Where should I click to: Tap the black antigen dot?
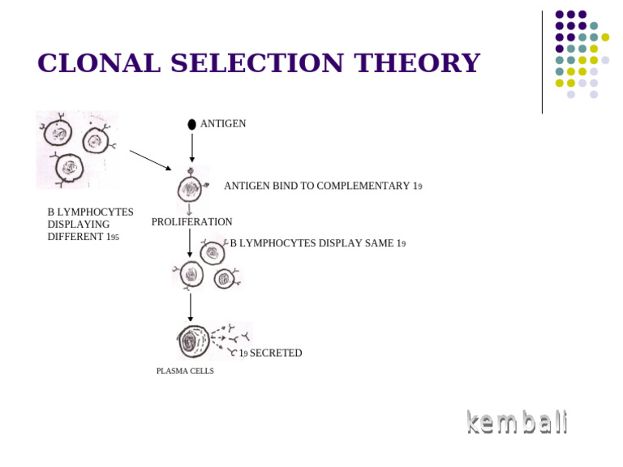point(191,124)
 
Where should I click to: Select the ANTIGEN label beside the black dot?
point(223,124)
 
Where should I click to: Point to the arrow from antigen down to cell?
point(191,148)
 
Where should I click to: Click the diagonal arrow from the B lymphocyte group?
point(150,160)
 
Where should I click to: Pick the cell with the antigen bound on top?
point(191,189)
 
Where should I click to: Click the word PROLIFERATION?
point(191,222)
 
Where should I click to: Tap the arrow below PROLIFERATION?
point(190,242)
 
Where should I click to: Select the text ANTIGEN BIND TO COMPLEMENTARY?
point(316,186)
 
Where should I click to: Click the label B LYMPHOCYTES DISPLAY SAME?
point(312,243)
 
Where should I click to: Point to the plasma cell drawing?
point(193,341)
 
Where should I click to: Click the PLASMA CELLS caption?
point(185,371)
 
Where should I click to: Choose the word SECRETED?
point(276,353)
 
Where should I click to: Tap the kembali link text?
point(517,422)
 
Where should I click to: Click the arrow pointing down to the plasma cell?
point(191,307)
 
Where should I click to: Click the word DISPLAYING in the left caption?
point(79,225)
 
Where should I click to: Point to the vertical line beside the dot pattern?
point(542,62)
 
